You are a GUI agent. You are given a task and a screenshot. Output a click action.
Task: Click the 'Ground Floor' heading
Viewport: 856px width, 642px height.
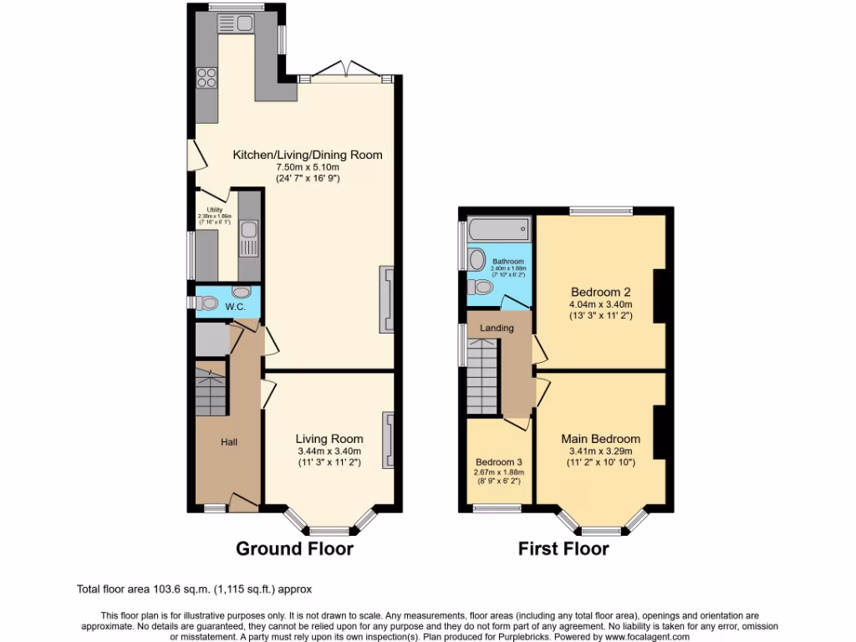(x=294, y=549)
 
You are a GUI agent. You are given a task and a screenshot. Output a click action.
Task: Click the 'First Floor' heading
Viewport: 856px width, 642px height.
(x=563, y=549)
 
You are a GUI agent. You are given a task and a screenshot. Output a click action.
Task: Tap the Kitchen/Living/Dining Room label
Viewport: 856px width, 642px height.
(x=307, y=155)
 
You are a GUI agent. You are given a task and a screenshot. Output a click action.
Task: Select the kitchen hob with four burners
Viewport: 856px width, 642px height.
(x=206, y=78)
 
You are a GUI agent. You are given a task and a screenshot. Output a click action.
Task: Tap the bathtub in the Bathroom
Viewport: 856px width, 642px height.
(x=498, y=227)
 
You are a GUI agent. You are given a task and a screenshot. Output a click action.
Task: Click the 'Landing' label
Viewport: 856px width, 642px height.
(x=497, y=329)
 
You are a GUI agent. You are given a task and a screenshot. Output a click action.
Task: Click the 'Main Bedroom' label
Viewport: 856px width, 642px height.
(x=600, y=439)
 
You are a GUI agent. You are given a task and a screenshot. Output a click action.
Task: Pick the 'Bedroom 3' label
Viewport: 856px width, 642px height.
(x=499, y=462)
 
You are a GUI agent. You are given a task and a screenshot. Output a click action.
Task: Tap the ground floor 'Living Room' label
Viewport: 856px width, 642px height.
(x=329, y=439)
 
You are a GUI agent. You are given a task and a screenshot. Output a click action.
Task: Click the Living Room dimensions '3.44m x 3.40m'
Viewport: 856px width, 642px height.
(x=329, y=451)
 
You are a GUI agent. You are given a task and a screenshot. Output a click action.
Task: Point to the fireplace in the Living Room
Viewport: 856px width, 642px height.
(x=388, y=440)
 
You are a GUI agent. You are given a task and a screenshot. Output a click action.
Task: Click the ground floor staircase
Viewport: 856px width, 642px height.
(x=211, y=393)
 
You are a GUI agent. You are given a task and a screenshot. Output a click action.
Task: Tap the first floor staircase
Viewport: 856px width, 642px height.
(x=481, y=380)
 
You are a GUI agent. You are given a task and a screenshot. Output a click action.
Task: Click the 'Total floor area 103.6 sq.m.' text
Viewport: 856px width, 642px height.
(x=194, y=589)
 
